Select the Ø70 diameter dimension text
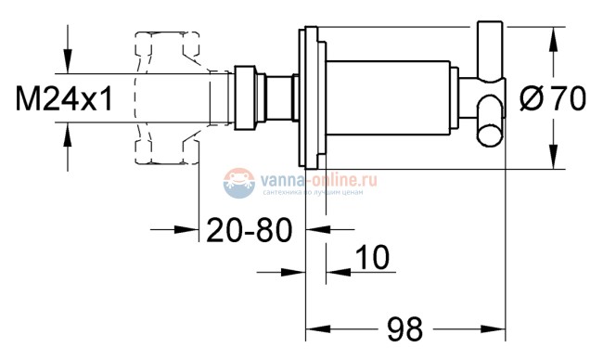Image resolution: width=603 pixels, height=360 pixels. [x=554, y=98]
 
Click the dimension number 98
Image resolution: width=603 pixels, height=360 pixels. [x=403, y=328]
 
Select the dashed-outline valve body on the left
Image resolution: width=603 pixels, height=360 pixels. [x=167, y=98]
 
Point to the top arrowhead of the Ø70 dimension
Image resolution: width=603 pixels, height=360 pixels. [x=554, y=37]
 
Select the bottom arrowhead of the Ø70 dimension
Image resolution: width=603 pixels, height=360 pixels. [x=554, y=159]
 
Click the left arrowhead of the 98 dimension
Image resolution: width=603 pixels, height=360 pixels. [x=316, y=328]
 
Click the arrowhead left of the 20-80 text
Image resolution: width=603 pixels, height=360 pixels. [x=189, y=228]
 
